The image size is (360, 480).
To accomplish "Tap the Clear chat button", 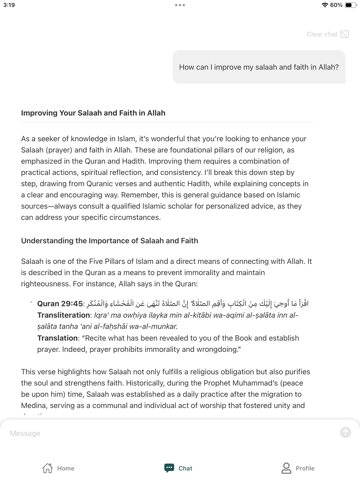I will coord(327,34).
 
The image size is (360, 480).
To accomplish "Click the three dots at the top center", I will coord(180,5).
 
